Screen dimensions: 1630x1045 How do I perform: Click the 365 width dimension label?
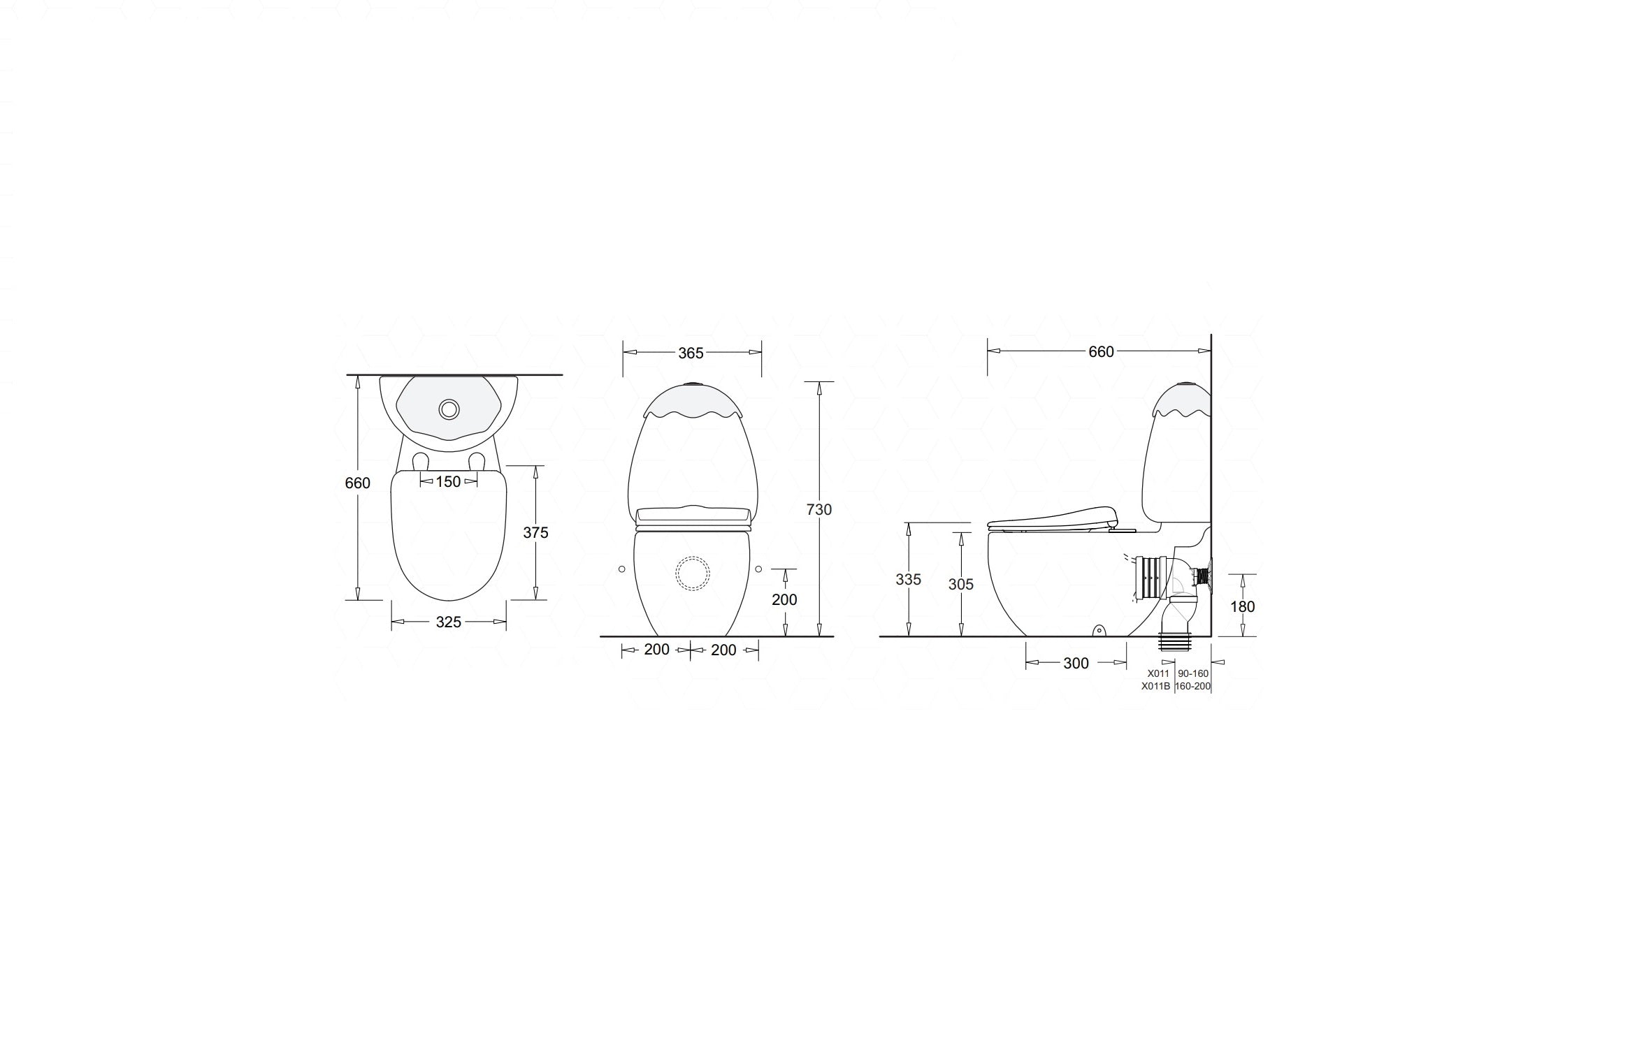pyautogui.click(x=691, y=353)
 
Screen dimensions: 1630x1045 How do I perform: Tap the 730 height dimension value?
pyautogui.click(x=819, y=510)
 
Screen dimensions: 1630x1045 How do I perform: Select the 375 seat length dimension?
pyautogui.click(x=536, y=533)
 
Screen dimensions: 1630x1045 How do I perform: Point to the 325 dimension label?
pyautogui.click(x=449, y=622)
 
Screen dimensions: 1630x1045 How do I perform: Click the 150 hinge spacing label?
pyautogui.click(x=449, y=481)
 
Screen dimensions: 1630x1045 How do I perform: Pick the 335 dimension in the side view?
pyautogui.click(x=909, y=580)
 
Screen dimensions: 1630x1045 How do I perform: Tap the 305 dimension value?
pyautogui.click(x=961, y=585)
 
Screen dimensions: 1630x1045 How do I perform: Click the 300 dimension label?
pyautogui.click(x=1076, y=664)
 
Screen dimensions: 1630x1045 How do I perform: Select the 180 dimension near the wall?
pyautogui.click(x=1243, y=607)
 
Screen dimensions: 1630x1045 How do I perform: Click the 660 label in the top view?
pyautogui.click(x=358, y=483)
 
